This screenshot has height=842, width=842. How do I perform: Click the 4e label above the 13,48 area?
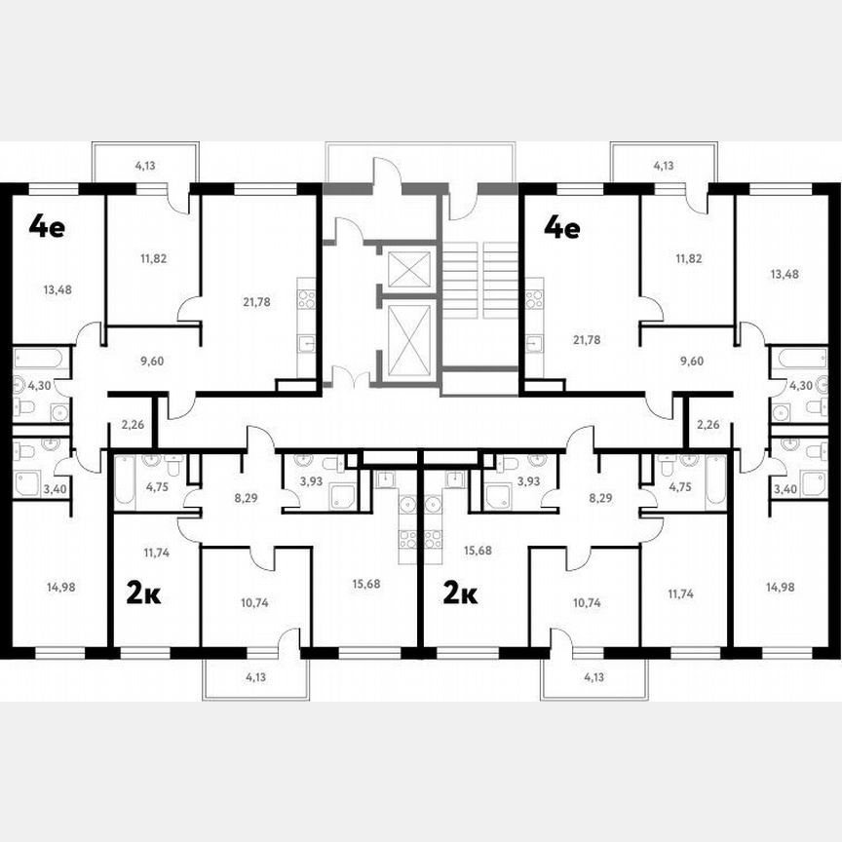(47, 227)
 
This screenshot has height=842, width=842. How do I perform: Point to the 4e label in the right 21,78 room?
(561, 227)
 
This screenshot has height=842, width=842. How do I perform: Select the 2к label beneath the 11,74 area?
(144, 592)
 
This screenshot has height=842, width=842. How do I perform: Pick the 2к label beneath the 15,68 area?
(460, 592)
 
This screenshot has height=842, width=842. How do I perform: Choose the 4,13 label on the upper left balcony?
(145, 166)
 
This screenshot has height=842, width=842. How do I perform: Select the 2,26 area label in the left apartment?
(134, 424)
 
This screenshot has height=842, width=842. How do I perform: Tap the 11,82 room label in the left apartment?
(153, 258)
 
